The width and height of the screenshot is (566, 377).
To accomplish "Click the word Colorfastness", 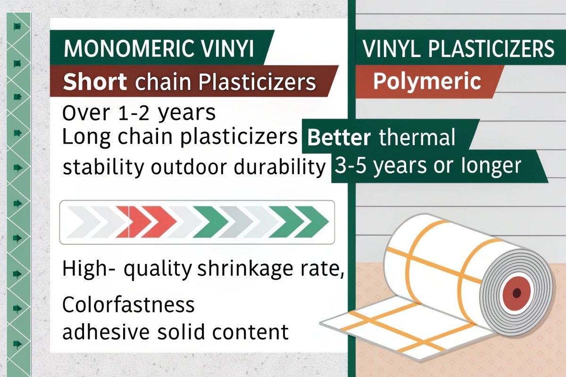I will (x=129, y=305).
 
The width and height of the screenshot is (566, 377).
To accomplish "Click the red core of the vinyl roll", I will (x=517, y=293).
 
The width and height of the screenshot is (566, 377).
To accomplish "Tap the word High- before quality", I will (x=91, y=269).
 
